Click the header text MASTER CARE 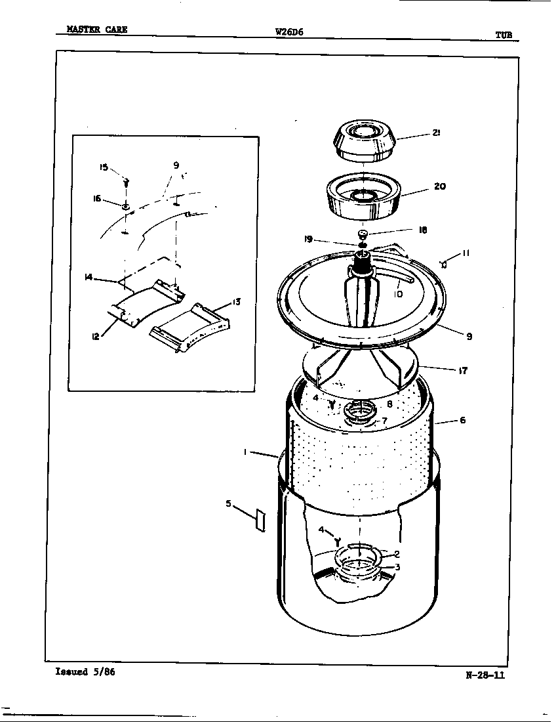pos(97,30)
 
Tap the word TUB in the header pos(504,35)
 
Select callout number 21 pos(435,133)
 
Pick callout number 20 pos(439,186)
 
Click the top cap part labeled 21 pos(363,140)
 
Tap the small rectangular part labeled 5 pos(260,520)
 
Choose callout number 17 pos(463,370)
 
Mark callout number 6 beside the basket pos(462,420)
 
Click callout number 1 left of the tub pos(245,452)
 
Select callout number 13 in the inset pos(236,303)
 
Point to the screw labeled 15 pos(126,182)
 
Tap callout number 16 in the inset pos(97,199)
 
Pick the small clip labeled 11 pos(444,265)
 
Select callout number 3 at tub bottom pos(397,567)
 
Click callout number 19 pos(308,240)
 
